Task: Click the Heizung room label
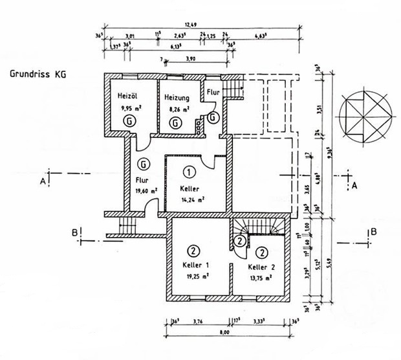[x=177, y=98]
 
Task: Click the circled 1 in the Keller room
[x=189, y=172]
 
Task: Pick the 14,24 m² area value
[x=192, y=200]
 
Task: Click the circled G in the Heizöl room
[x=131, y=121]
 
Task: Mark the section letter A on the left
[x=43, y=182]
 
